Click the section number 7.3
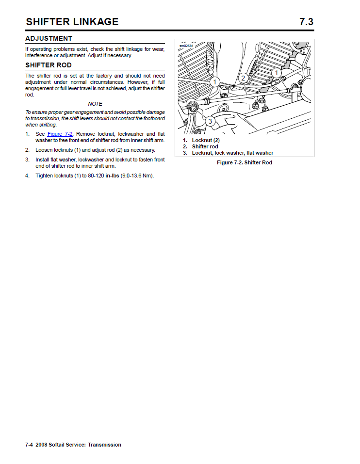(306, 22)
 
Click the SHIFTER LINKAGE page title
(72, 22)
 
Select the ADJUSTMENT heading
(49, 38)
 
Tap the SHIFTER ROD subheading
(48, 65)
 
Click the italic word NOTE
(95, 104)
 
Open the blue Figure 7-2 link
(60, 134)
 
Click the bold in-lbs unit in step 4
(112, 176)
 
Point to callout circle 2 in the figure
(244, 78)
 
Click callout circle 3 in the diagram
(210, 121)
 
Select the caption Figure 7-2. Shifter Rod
(244, 162)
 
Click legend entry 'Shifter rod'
(205, 146)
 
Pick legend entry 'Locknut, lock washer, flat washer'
(232, 153)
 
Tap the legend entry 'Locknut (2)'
(206, 140)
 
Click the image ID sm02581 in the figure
(186, 46)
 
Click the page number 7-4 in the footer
(29, 445)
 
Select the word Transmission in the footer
(104, 445)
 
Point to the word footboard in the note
(154, 118)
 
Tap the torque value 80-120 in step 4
(96, 176)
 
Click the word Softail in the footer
(56, 445)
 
